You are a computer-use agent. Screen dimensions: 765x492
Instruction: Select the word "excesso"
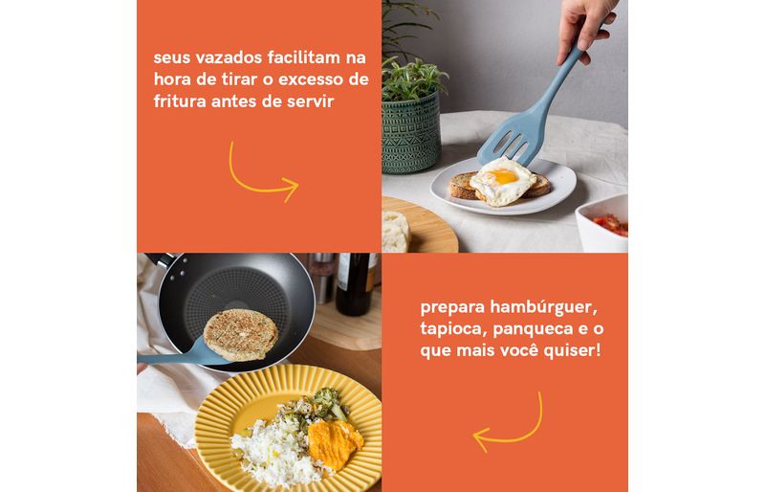tap(312, 79)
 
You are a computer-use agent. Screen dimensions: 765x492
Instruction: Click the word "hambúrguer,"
tap(544, 308)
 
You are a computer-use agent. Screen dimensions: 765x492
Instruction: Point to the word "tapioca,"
tap(453, 329)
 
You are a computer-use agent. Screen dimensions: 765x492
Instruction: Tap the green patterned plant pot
tap(411, 133)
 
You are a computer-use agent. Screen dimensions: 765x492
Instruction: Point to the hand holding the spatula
tap(583, 26)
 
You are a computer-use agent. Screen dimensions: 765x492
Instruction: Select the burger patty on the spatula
tap(241, 335)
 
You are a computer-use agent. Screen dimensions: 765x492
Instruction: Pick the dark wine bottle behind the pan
tap(355, 283)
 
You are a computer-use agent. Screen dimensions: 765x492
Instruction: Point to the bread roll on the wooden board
tap(396, 231)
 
